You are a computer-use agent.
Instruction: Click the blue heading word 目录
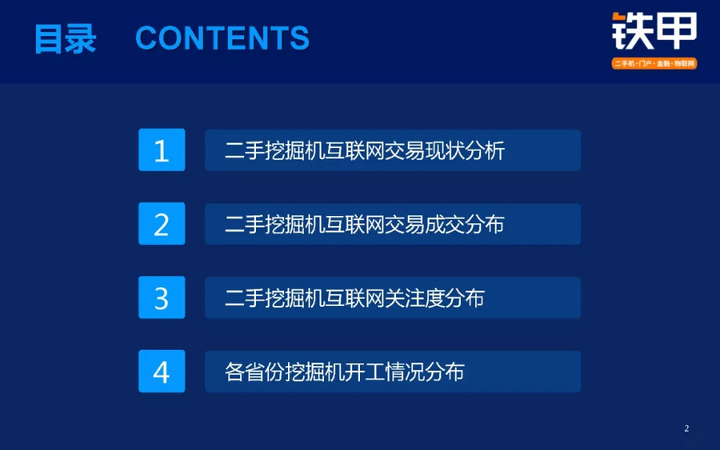click(x=66, y=38)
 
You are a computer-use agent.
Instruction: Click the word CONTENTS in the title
click(x=222, y=38)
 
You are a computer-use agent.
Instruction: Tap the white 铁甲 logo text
click(x=654, y=31)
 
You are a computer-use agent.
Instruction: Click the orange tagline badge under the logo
click(x=654, y=63)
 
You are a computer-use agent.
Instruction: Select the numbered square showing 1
click(x=162, y=150)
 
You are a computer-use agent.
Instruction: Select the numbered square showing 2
click(x=162, y=224)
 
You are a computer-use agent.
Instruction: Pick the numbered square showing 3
click(x=162, y=297)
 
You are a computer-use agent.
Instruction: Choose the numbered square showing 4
click(x=162, y=371)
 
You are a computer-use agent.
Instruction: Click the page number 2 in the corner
click(x=686, y=428)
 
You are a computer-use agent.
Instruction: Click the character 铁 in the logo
click(x=632, y=31)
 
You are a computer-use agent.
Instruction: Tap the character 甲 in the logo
click(x=676, y=31)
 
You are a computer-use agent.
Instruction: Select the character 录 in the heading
click(x=81, y=38)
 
